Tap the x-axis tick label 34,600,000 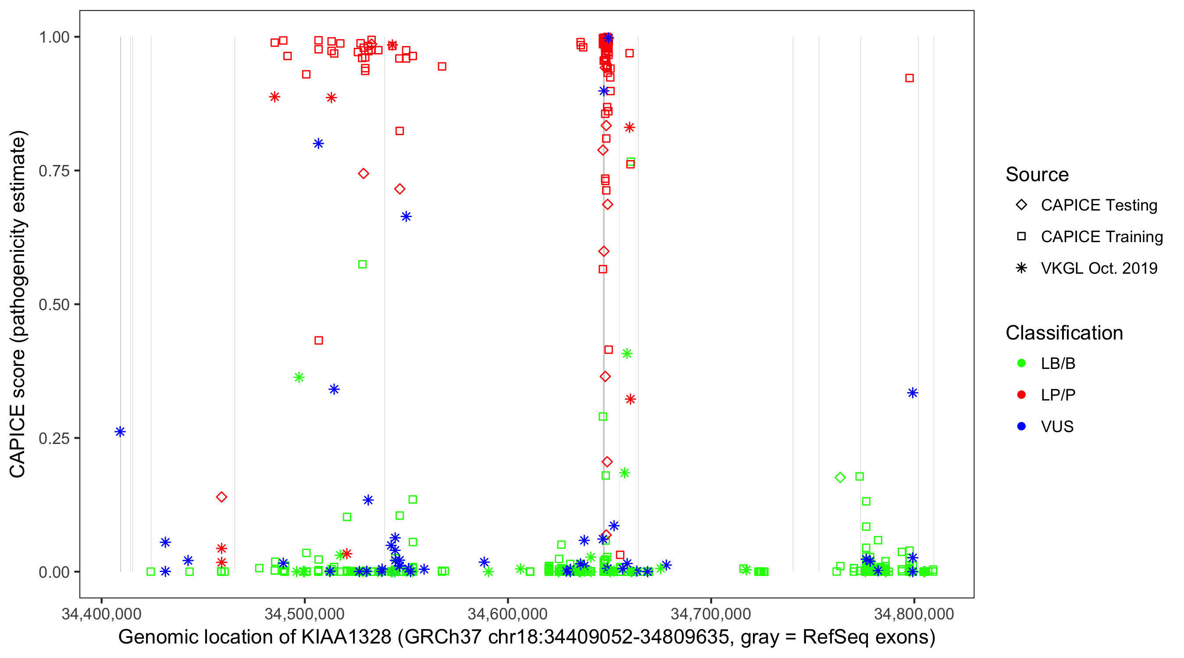507,614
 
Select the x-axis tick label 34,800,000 914,614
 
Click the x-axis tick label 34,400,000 102,614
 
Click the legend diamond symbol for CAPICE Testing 1021,205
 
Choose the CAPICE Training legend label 1102,237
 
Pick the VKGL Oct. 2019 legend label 1099,268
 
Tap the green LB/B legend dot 1021,364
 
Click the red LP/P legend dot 1021,395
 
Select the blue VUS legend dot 1021,427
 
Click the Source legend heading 1037,175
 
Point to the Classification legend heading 1064,333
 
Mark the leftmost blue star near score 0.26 120,432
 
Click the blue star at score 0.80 318,144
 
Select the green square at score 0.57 362,265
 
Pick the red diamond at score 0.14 221,497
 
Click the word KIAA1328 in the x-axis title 346,637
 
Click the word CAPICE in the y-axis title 18,440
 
